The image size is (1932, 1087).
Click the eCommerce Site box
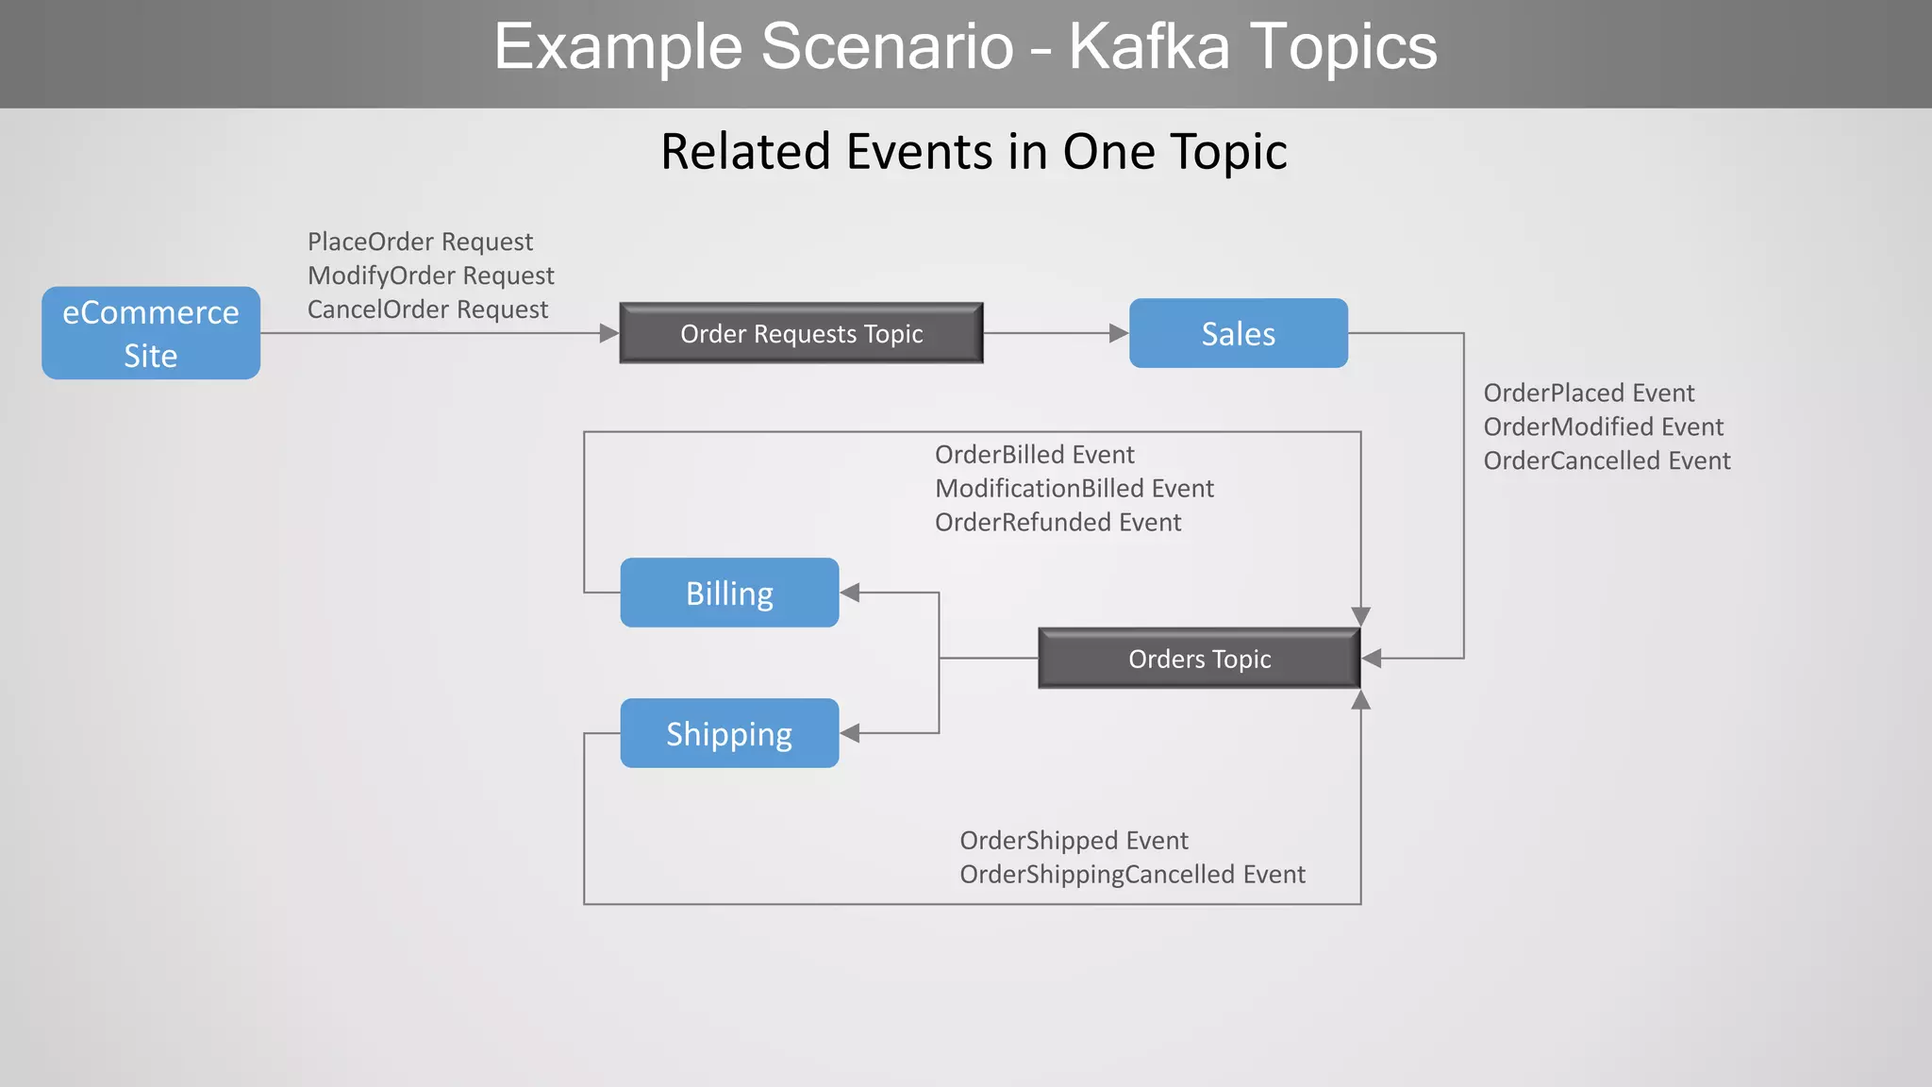tap(151, 333)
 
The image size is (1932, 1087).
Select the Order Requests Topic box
tap(801, 333)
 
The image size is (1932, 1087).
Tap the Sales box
tap(1238, 333)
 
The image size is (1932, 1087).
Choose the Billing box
tap(729, 593)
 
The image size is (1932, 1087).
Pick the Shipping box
tap(729, 733)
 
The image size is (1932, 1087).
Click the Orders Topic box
tap(1199, 659)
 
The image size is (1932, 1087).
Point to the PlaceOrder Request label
tap(420, 242)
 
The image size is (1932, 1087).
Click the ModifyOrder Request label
tap(430, 276)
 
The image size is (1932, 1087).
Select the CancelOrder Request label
tap(427, 309)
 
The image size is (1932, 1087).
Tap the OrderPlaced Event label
tap(1589, 393)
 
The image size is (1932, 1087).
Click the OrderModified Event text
tap(1603, 426)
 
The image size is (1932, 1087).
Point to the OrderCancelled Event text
tap(1607, 460)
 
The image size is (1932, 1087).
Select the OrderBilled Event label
tap(1034, 455)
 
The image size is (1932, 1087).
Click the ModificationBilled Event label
tap(1074, 489)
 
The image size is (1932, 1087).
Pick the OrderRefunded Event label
tap(1058, 523)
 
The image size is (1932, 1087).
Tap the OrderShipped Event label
tap(1074, 841)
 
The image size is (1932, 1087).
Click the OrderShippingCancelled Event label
tap(1132, 875)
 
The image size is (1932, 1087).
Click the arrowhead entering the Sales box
tap(1119, 333)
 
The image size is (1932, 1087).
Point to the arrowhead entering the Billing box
tap(850, 593)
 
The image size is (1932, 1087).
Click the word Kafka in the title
tap(1149, 46)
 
